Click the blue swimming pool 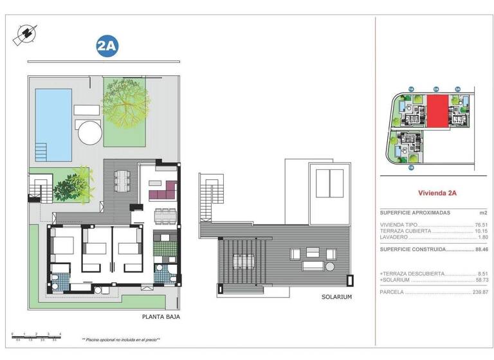click(x=53, y=124)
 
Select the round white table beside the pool click(x=90, y=134)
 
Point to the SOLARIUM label click(x=336, y=297)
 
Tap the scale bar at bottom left click(x=36, y=336)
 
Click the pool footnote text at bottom click(x=121, y=339)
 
